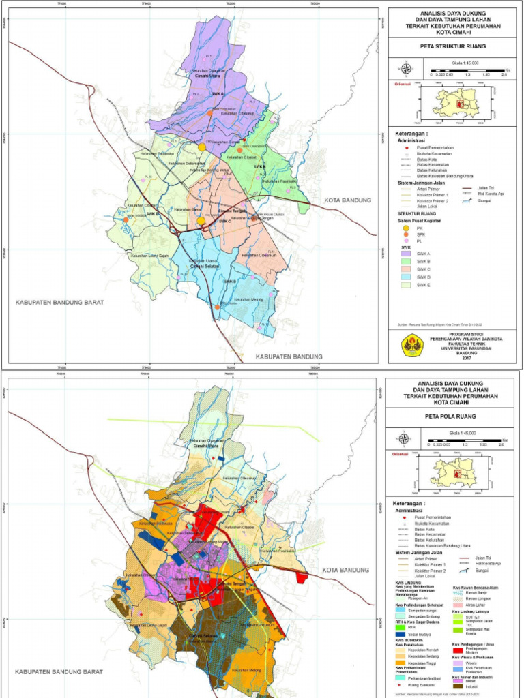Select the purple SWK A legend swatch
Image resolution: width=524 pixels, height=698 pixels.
coord(404,254)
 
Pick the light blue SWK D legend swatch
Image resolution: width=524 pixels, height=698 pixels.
coord(404,278)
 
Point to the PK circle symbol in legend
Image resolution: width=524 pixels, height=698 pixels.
coord(404,228)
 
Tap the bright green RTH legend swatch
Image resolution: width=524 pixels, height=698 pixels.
coord(400,626)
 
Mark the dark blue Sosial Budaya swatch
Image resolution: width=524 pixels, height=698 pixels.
coord(400,635)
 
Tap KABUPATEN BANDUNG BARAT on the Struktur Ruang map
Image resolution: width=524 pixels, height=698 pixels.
coord(60,301)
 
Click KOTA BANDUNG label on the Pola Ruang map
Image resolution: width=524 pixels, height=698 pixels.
coord(345,570)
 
